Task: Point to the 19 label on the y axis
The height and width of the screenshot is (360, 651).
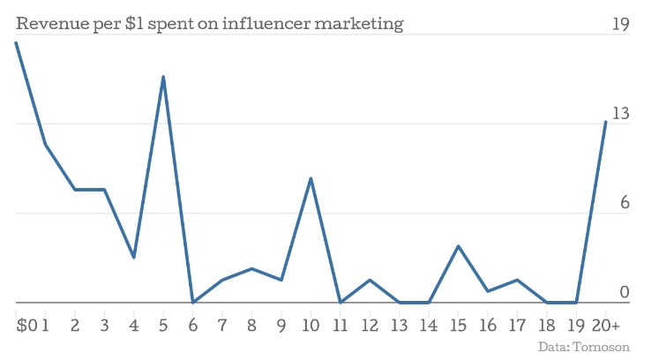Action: [621, 24]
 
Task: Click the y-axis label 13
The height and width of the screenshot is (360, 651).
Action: [621, 113]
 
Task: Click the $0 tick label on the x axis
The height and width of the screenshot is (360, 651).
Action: [26, 326]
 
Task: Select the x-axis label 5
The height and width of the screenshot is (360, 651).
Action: [163, 326]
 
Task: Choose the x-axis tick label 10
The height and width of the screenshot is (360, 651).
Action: [311, 326]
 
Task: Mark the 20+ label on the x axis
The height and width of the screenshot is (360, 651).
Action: [606, 326]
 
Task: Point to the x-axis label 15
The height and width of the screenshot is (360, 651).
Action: [458, 326]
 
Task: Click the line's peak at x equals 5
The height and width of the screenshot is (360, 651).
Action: [163, 77]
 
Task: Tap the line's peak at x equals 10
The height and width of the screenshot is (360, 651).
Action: [311, 178]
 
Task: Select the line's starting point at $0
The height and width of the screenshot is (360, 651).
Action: [16, 42]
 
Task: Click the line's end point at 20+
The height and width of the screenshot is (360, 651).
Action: [605, 122]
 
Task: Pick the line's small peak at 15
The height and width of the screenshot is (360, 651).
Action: [458, 246]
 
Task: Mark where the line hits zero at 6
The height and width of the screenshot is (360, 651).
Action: [192, 302]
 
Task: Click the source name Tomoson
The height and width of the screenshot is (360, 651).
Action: [604, 348]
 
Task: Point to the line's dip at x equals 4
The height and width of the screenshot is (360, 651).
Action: [133, 258]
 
